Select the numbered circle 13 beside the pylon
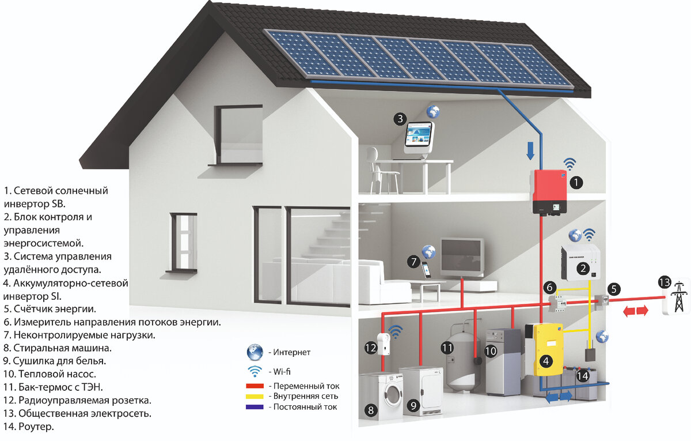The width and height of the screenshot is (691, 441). click(x=665, y=282)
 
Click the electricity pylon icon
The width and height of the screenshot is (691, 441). click(x=679, y=296)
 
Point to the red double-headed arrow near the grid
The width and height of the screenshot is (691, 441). click(x=634, y=311)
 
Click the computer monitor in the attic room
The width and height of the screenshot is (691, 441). click(x=420, y=136)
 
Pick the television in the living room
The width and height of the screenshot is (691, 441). click(x=462, y=255)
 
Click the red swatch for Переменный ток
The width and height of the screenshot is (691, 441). click(x=254, y=386)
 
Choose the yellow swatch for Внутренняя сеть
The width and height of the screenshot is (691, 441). click(x=254, y=396)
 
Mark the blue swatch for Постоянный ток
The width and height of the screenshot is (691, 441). click(x=254, y=406)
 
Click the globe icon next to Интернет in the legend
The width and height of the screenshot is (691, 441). click(x=254, y=352)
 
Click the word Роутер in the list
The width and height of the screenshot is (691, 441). click(x=36, y=427)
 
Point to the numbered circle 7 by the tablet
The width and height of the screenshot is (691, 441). click(x=413, y=261)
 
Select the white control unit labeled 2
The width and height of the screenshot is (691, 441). click(x=582, y=262)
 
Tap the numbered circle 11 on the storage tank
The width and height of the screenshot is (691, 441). click(x=447, y=348)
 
